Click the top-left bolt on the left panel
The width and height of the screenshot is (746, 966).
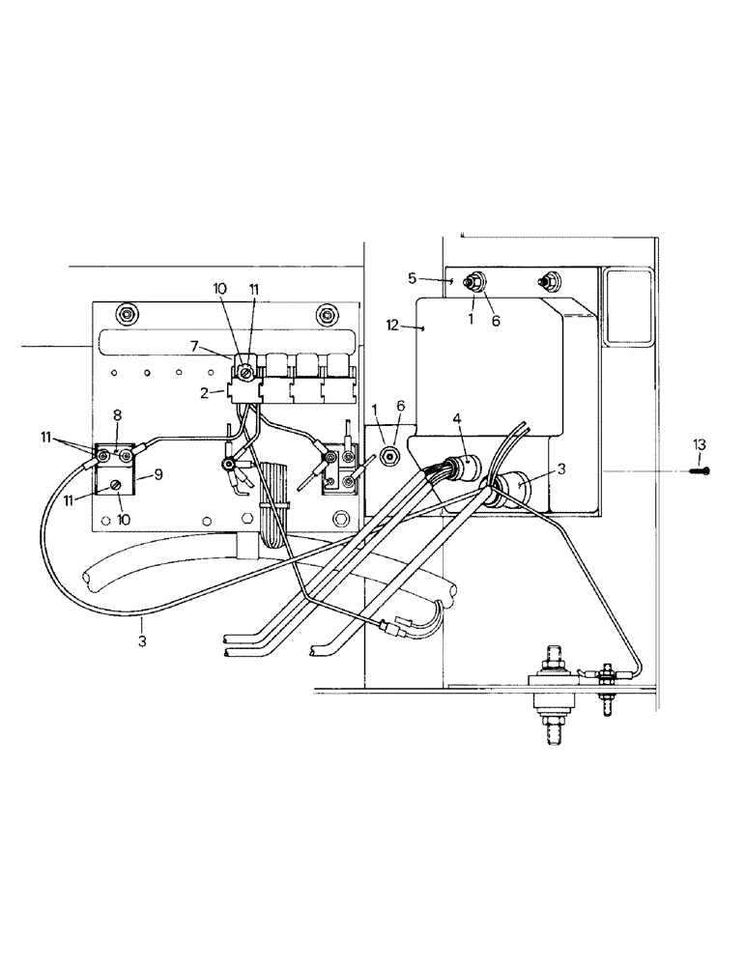coord(125,314)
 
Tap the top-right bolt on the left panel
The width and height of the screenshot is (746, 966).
coord(328,314)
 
